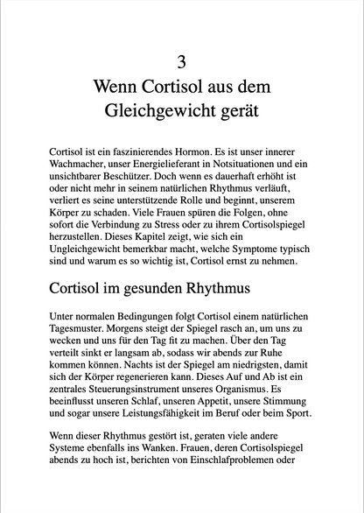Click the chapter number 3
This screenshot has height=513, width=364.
tap(182, 61)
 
